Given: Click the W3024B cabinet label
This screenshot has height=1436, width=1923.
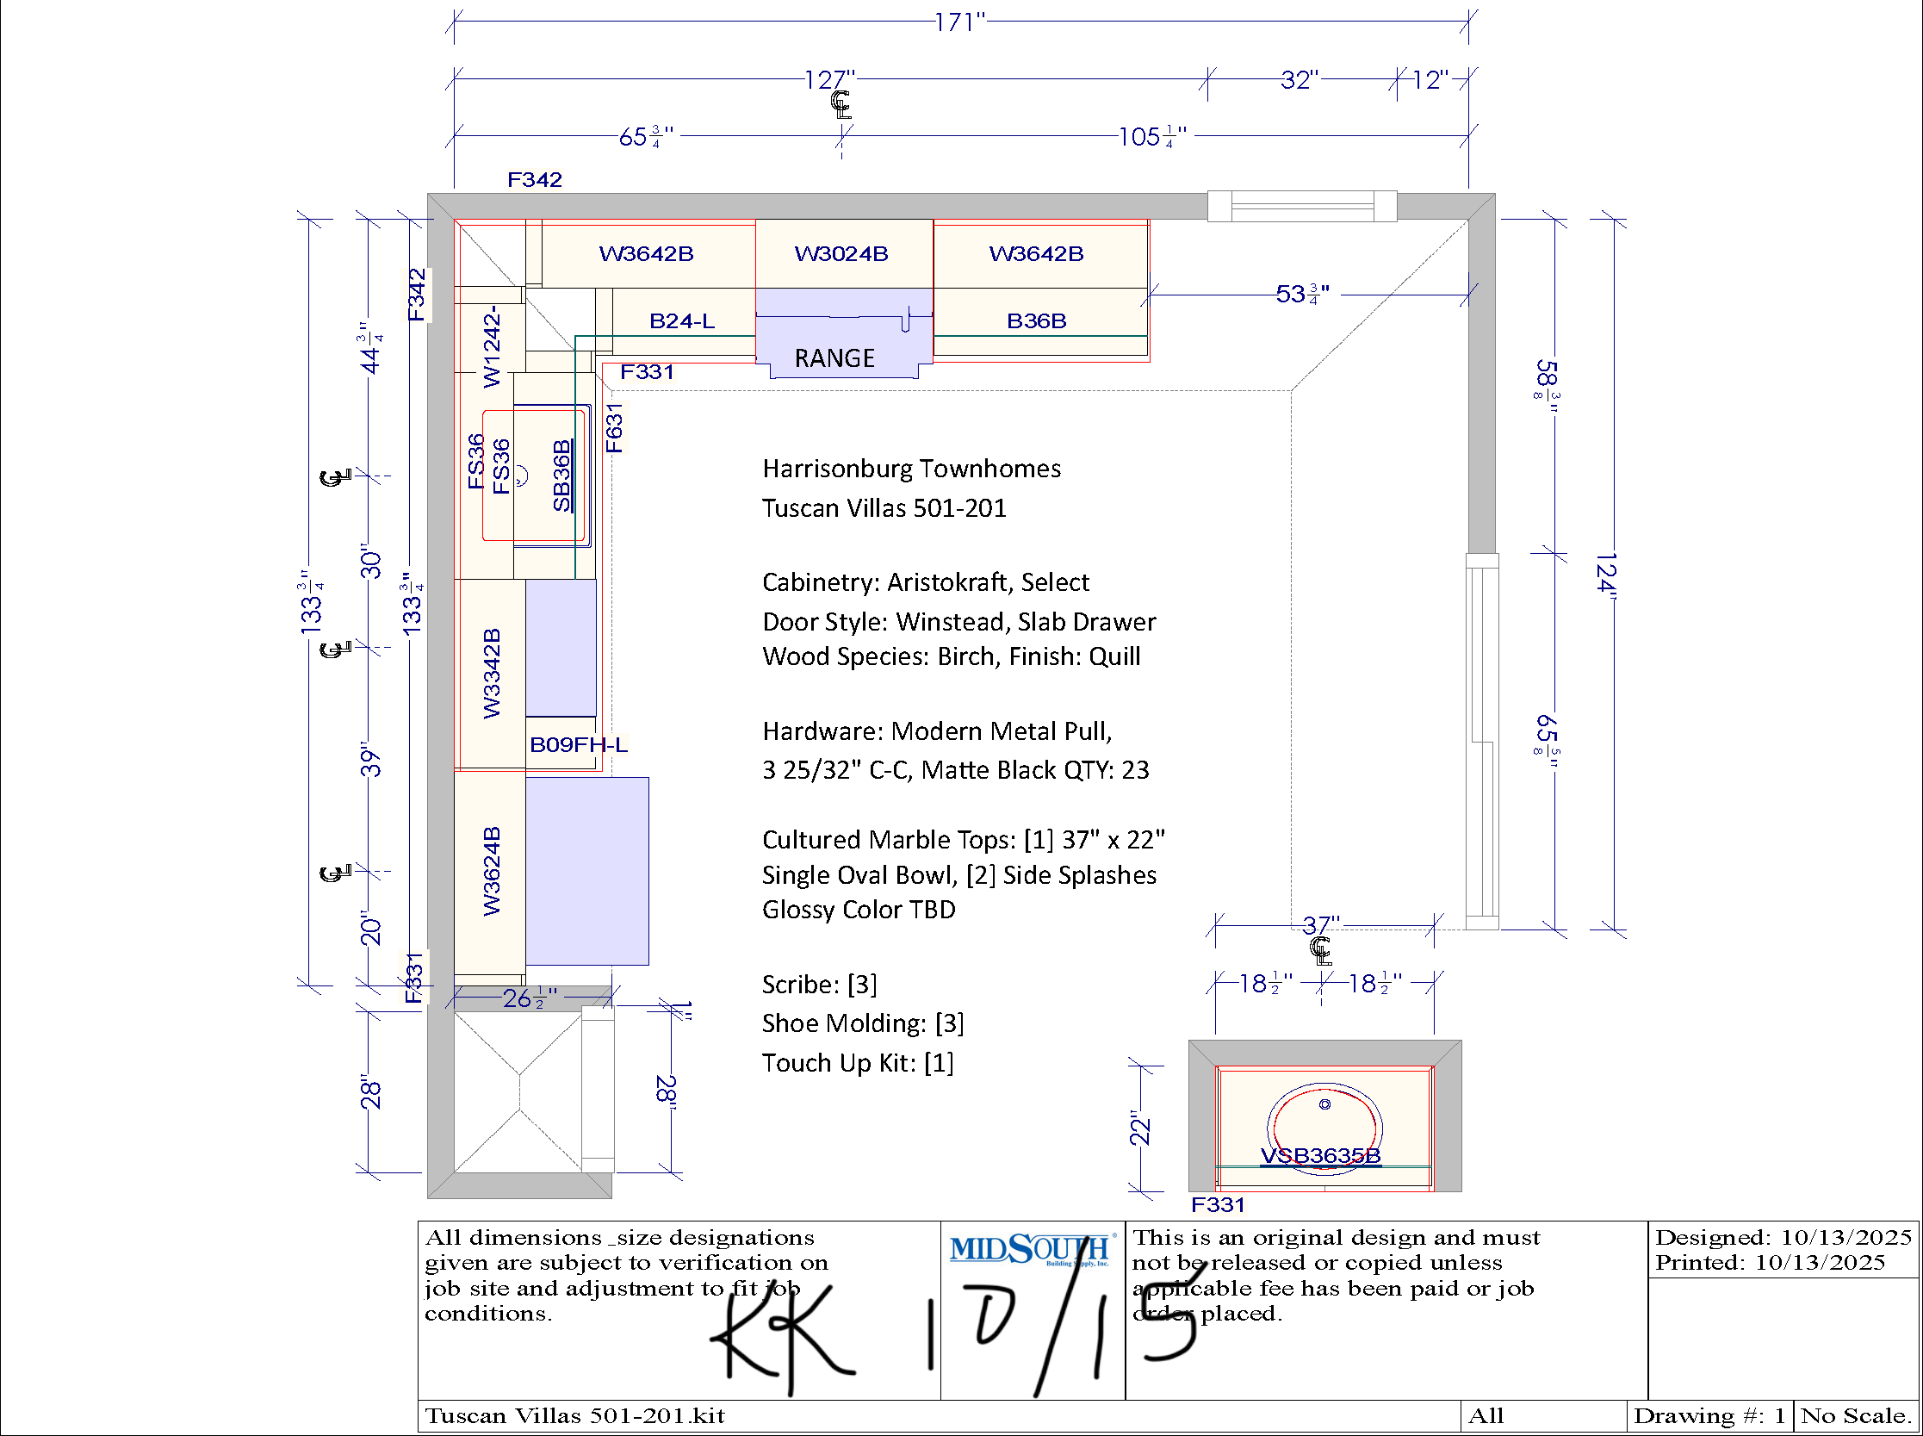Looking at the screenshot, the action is [841, 254].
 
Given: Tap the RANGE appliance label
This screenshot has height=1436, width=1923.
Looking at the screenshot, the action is [834, 358].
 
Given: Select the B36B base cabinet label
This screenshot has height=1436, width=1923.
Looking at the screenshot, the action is [1036, 320].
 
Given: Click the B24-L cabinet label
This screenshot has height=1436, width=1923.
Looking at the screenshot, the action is [682, 320].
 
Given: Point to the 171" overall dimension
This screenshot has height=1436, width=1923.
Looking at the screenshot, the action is [960, 22].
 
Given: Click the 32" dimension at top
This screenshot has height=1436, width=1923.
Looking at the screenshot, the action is [1300, 80].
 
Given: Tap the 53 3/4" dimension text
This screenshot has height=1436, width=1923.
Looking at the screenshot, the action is [1302, 295].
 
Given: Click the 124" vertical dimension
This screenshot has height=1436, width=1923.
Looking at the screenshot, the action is [1606, 573].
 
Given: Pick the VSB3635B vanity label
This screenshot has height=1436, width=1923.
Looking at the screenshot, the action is [1320, 1155].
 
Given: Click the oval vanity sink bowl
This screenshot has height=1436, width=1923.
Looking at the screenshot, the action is [1324, 1127].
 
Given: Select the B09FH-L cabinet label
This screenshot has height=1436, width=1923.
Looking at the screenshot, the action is [579, 745].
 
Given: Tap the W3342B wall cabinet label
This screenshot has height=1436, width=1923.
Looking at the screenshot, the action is [492, 673].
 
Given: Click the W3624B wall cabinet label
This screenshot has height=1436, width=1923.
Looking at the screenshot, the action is [492, 871].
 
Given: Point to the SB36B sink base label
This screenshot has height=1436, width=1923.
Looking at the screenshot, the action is [562, 476].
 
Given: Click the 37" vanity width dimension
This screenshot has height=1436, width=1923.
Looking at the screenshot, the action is [1321, 925].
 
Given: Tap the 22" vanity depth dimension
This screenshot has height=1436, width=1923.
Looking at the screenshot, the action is [1139, 1128].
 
